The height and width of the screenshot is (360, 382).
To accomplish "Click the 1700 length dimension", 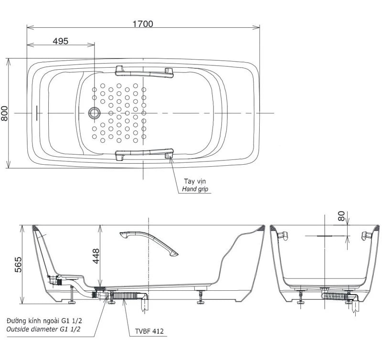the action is pos(143,24).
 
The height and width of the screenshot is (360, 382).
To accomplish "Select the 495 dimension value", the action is pos(61,41).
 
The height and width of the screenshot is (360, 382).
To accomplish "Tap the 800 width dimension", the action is pos(4,113).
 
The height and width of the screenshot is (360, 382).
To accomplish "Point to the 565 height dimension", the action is pos(18,265).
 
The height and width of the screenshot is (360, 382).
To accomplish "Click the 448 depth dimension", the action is pos(96,256).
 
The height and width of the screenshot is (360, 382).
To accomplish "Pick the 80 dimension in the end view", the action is pos(342,216).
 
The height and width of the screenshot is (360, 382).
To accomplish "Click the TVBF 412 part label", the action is pos(149,331).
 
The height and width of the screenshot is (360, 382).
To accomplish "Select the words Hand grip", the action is pos(195,189).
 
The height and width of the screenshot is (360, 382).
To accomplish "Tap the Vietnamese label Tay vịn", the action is pos(195,181).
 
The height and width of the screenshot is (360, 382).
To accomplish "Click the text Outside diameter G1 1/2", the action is pos(43,329).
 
